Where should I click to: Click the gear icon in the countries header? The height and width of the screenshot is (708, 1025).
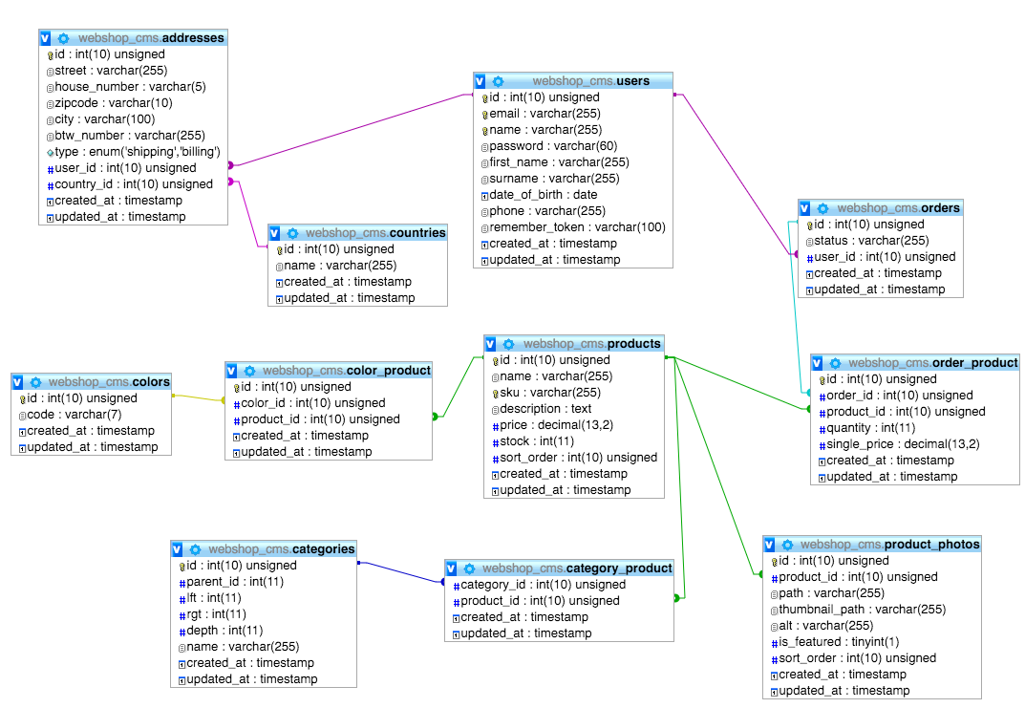click(x=292, y=233)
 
